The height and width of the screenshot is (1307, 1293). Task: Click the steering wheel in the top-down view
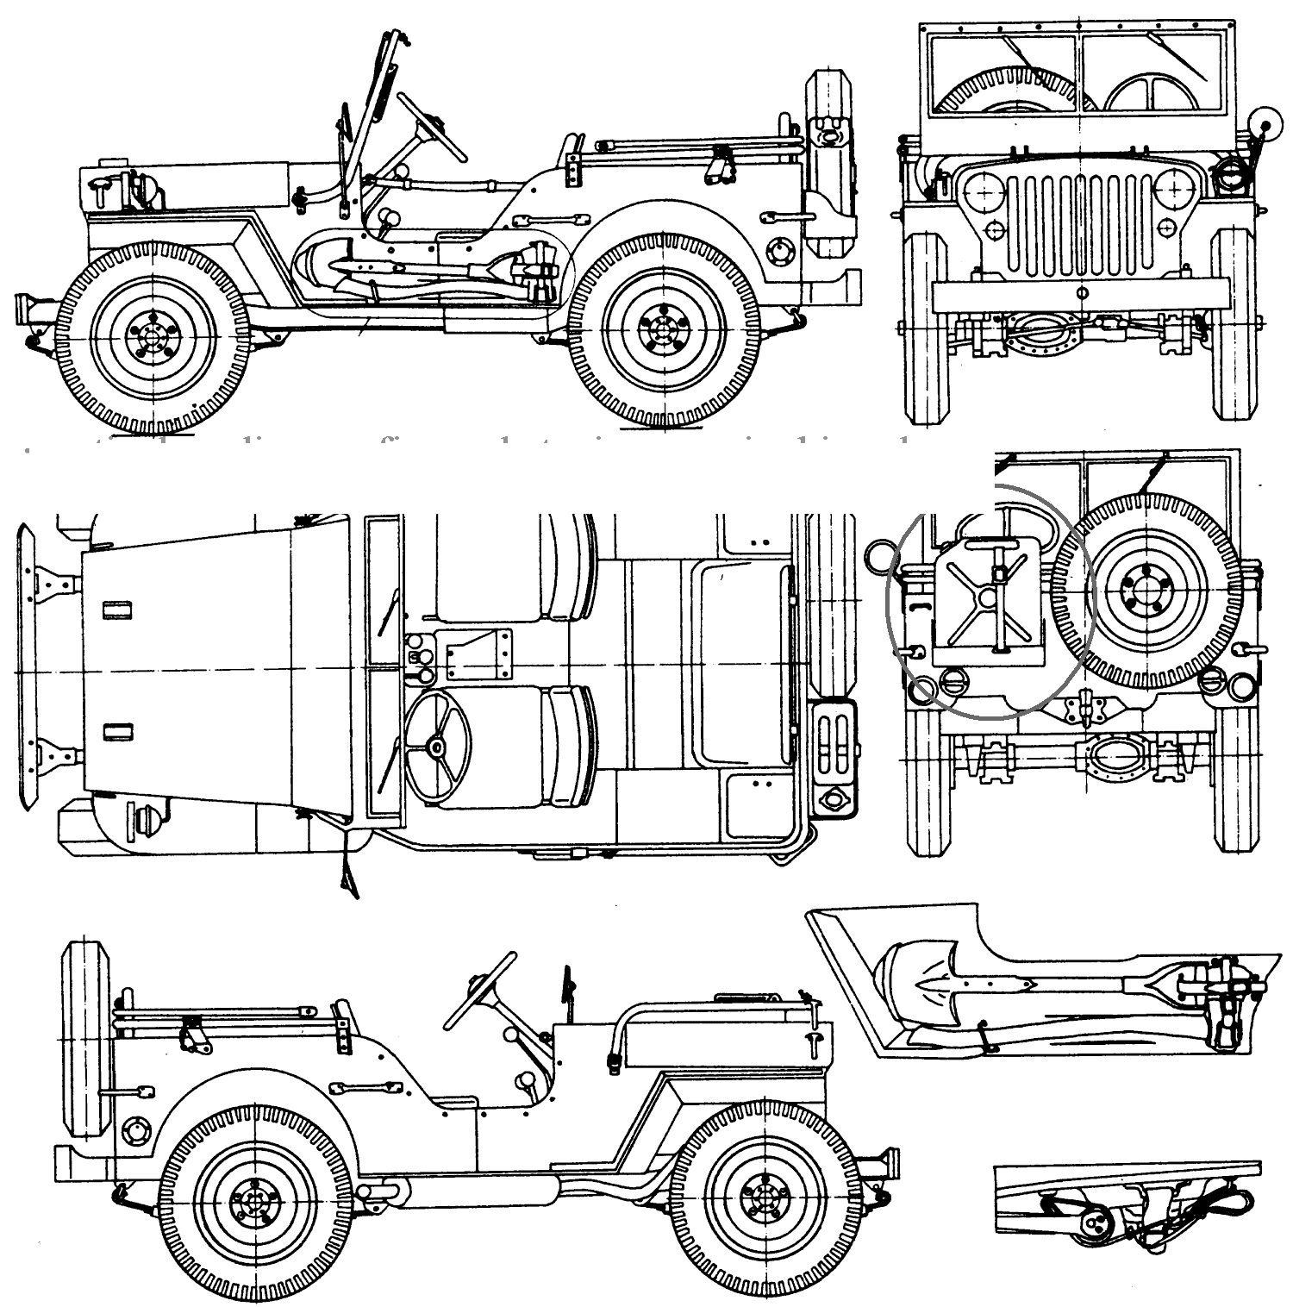(437, 747)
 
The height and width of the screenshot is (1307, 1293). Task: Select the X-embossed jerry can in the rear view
(991, 600)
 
